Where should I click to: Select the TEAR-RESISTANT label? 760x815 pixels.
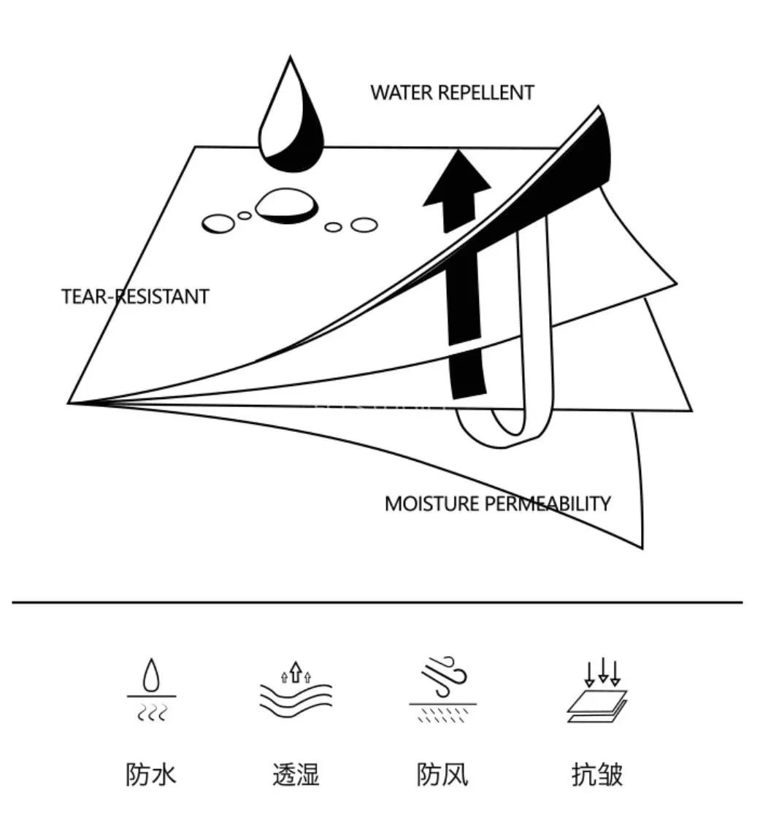135,297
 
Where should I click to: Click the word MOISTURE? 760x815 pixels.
432,503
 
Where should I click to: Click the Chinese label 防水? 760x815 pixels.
151,774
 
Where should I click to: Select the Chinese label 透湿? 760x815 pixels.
296,774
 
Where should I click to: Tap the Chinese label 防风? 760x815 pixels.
442,774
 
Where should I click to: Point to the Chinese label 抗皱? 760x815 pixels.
596,774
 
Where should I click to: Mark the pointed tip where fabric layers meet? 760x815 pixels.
71,402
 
